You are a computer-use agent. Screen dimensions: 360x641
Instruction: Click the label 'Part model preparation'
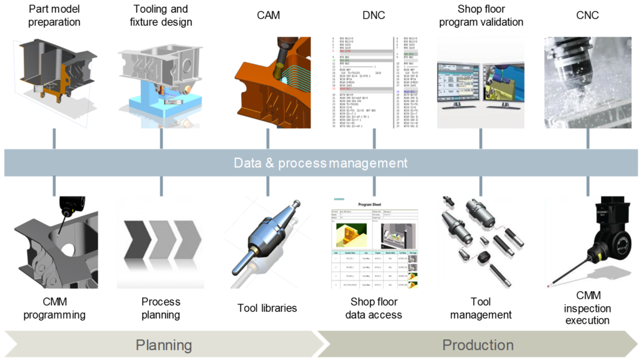54,16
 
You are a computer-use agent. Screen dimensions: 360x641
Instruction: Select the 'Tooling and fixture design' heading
161,16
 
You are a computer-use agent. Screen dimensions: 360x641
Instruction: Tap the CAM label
269,15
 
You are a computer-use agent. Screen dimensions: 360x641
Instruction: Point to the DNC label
374,15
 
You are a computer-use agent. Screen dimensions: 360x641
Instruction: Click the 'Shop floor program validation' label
481,16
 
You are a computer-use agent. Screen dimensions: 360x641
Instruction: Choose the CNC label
587,15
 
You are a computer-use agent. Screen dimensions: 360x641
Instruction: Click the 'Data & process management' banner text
320,163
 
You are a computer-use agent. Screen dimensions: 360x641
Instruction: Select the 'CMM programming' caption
54,308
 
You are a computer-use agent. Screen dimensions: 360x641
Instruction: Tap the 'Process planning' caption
161,308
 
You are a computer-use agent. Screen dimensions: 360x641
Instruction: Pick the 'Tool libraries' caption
267,308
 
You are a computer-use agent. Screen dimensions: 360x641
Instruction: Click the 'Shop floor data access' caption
374,308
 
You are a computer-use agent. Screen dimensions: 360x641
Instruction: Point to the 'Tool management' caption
481,308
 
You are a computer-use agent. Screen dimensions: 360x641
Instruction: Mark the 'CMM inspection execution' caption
587,308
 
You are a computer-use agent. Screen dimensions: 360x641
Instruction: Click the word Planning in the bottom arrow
164,345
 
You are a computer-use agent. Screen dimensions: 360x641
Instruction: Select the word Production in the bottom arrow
478,345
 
